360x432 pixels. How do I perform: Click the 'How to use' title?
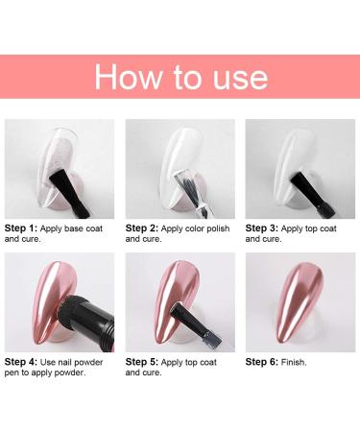pos(180,76)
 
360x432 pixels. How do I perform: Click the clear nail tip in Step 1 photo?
pos(43,158)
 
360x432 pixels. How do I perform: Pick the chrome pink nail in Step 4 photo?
pos(38,298)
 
